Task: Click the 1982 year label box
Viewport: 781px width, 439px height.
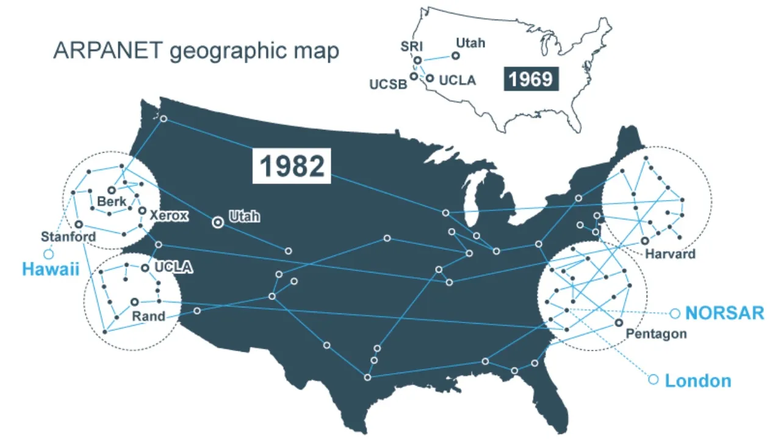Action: click(292, 166)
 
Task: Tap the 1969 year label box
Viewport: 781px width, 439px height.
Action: click(531, 79)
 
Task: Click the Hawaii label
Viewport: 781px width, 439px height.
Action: click(51, 269)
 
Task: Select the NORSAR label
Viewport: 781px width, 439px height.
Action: click(724, 313)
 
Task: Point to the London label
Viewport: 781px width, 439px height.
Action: click(697, 381)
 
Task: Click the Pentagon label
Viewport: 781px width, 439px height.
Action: click(656, 334)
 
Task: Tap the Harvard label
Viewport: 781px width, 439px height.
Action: click(670, 254)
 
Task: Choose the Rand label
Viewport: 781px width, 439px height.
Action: click(148, 316)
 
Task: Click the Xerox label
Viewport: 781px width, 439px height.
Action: click(168, 215)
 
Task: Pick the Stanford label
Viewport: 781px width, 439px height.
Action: click(68, 237)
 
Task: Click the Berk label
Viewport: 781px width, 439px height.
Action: click(112, 201)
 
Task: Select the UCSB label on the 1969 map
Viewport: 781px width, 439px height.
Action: click(388, 84)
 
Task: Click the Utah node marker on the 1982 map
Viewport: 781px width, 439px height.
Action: click(217, 223)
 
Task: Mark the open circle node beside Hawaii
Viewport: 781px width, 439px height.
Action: click(48, 254)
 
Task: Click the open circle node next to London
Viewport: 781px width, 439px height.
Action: click(653, 379)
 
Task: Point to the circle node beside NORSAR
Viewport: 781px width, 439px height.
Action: click(674, 313)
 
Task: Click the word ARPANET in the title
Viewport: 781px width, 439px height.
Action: click(108, 51)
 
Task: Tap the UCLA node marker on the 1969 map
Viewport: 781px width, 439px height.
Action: click(430, 78)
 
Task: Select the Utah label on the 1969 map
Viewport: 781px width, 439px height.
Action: click(470, 43)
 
